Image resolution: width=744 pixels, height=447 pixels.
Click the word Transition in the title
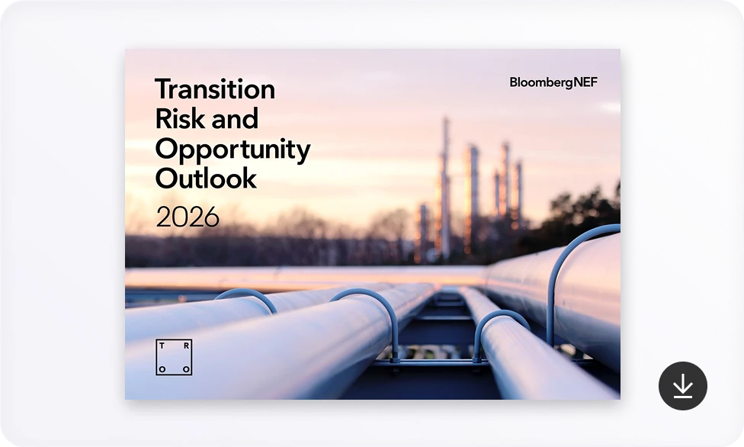(215, 88)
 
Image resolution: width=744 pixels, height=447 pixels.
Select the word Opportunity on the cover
(232, 150)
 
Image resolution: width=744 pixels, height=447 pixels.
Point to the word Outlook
(206, 178)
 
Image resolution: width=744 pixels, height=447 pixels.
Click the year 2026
(188, 217)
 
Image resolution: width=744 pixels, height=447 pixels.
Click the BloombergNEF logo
(553, 82)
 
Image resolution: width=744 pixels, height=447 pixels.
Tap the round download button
(683, 386)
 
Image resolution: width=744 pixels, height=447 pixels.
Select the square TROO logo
(174, 357)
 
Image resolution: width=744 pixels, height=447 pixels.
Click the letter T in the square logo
(162, 346)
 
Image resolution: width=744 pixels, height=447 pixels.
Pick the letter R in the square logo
(186, 346)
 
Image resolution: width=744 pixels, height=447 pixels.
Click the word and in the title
(235, 118)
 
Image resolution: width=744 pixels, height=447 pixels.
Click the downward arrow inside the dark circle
(683, 385)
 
